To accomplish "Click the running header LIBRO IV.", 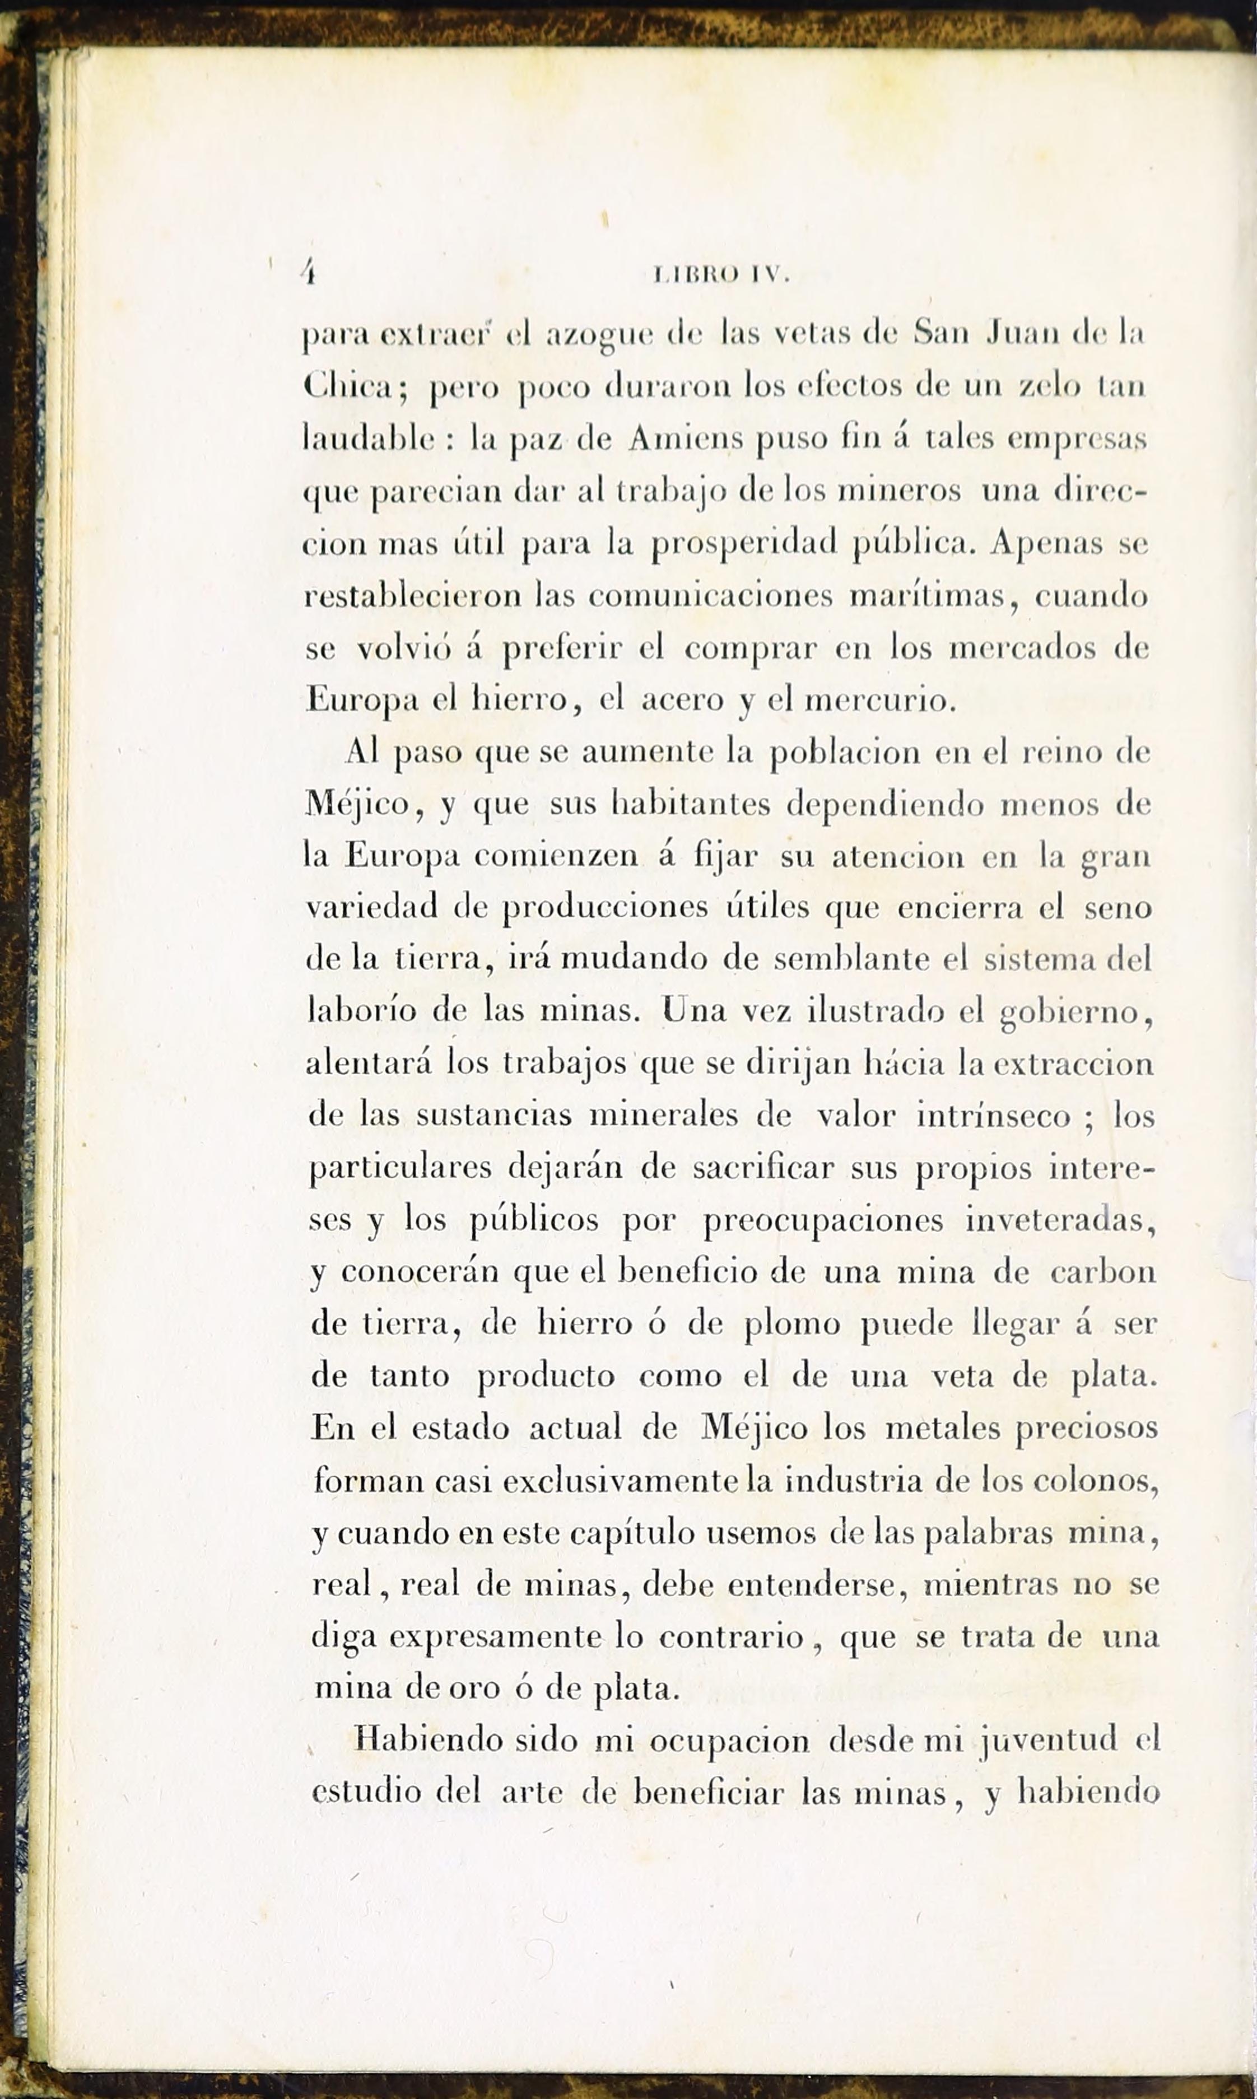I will click(721, 275).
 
